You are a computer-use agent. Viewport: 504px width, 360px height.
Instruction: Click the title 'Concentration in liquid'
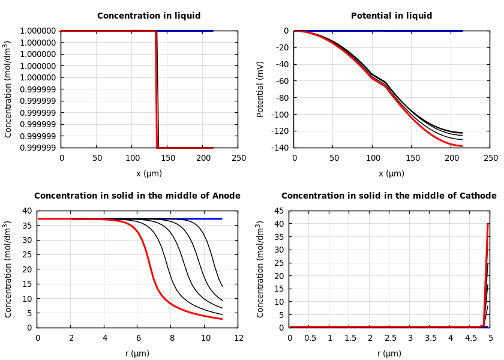click(x=149, y=16)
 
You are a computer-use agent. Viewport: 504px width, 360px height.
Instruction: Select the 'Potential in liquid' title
click(x=391, y=16)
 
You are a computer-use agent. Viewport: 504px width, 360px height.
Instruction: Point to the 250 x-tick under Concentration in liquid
click(x=238, y=158)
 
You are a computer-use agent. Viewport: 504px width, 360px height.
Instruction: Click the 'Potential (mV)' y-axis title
click(x=260, y=89)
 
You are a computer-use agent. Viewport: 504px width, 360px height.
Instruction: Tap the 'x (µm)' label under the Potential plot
click(x=391, y=173)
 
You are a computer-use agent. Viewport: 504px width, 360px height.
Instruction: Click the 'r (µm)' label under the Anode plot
click(x=137, y=353)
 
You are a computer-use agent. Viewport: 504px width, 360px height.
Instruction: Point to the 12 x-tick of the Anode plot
click(x=238, y=338)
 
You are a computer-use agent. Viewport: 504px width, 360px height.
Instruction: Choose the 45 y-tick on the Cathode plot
click(x=278, y=211)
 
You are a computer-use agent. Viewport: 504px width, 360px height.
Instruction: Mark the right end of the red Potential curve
click(x=462, y=146)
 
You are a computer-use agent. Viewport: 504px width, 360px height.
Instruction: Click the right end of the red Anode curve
click(x=222, y=319)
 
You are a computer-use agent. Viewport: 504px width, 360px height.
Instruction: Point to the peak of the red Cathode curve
click(x=488, y=224)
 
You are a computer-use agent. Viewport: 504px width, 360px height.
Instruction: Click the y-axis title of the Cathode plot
click(x=260, y=269)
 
